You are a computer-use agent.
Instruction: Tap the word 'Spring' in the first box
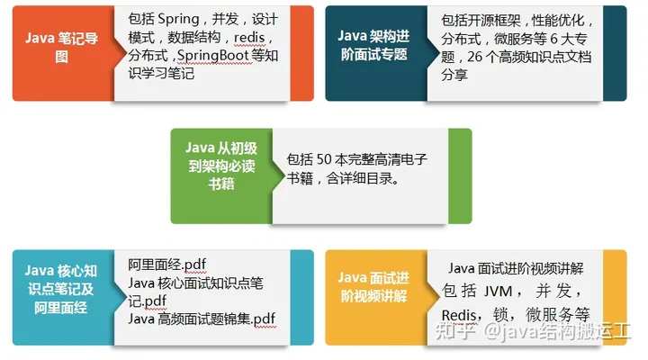(179, 19)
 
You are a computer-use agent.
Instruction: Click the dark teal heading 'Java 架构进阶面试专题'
(373, 45)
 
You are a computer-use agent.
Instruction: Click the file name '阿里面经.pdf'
(167, 264)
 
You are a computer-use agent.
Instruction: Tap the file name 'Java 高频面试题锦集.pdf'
(202, 319)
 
